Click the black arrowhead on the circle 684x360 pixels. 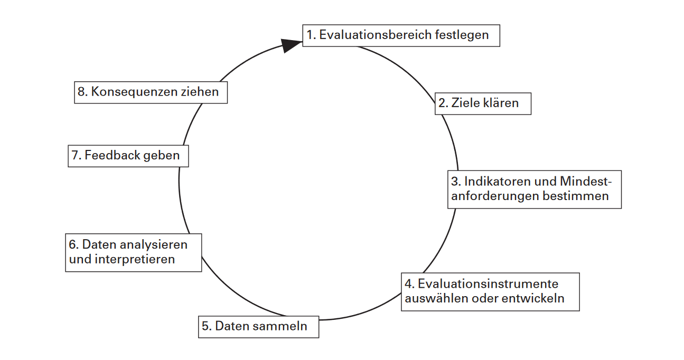pos(291,45)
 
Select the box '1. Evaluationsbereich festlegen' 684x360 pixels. pos(401,36)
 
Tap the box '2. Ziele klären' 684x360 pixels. pos(483,104)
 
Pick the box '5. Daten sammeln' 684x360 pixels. pos(259,327)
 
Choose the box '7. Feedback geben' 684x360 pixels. pos(128,156)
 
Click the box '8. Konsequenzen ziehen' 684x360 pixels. pos(151,92)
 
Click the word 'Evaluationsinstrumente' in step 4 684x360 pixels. pos(488,284)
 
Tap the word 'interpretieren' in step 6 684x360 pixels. pos(135,260)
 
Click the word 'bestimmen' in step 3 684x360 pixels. pos(576,196)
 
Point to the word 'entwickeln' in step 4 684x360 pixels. pos(533,299)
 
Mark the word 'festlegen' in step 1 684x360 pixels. pos(462,35)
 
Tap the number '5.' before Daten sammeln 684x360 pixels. pos(207,326)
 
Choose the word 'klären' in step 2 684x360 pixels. pos(500,103)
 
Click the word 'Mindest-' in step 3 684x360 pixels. pos(586,182)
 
